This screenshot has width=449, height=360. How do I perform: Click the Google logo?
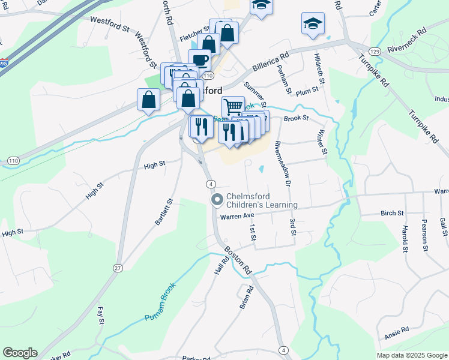(x=20, y=353)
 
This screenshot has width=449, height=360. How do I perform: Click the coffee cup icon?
(x=199, y=59)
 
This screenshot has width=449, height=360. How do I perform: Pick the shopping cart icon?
(x=233, y=107)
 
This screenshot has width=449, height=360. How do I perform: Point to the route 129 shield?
(x=375, y=52)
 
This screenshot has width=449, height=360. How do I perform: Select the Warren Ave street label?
(x=238, y=217)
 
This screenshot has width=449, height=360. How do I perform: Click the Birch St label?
(x=392, y=213)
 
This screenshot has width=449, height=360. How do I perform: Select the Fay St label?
(x=101, y=315)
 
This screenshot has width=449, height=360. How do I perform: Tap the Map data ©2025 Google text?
(x=411, y=355)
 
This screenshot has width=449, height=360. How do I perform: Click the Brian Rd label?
(x=246, y=297)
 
